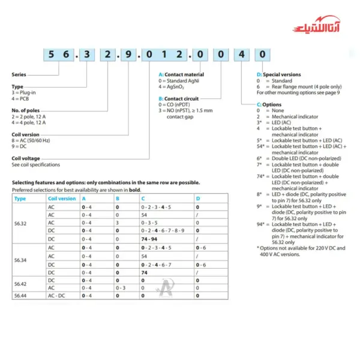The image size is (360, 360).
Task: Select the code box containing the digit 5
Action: pyautogui.click(x=50, y=54)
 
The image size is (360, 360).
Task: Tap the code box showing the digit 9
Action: pyautogui.click(x=125, y=54)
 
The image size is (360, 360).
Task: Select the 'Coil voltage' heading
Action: pyautogui.click(x=25, y=158)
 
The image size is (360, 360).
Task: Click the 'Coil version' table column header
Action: pyautogui.click(x=62, y=198)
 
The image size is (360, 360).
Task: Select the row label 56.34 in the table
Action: pyautogui.click(x=20, y=260)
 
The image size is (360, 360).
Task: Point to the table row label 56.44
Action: pyautogui.click(x=20, y=295)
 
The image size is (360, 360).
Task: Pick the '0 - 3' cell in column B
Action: pyautogui.click(x=120, y=287)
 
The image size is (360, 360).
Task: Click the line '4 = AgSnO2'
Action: pyautogui.click(x=171, y=87)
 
